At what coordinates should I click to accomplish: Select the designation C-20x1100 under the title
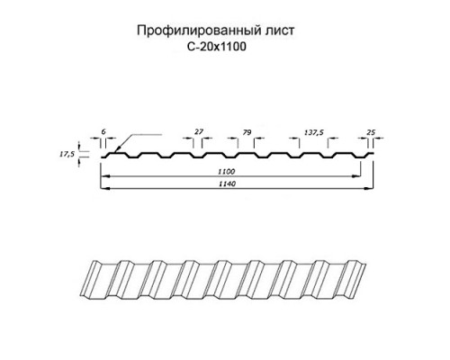pos(216,47)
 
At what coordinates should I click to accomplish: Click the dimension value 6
pos(103,131)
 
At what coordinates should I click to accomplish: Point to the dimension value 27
pos(199,131)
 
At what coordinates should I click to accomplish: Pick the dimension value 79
pos(247,132)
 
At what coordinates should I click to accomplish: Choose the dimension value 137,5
pos(314,132)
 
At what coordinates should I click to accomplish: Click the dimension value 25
pos(371,132)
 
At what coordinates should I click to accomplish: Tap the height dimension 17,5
pos(67,154)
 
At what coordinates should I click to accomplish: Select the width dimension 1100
pos(227,172)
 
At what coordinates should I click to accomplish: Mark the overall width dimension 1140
pos(227,184)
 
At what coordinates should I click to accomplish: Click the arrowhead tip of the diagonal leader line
pos(115,151)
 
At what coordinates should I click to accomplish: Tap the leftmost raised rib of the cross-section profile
pos(117,154)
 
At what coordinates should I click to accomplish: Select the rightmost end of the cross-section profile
pos(373,153)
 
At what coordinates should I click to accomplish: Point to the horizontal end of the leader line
pos(161,135)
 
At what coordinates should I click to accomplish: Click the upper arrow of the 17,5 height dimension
pos(79,147)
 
